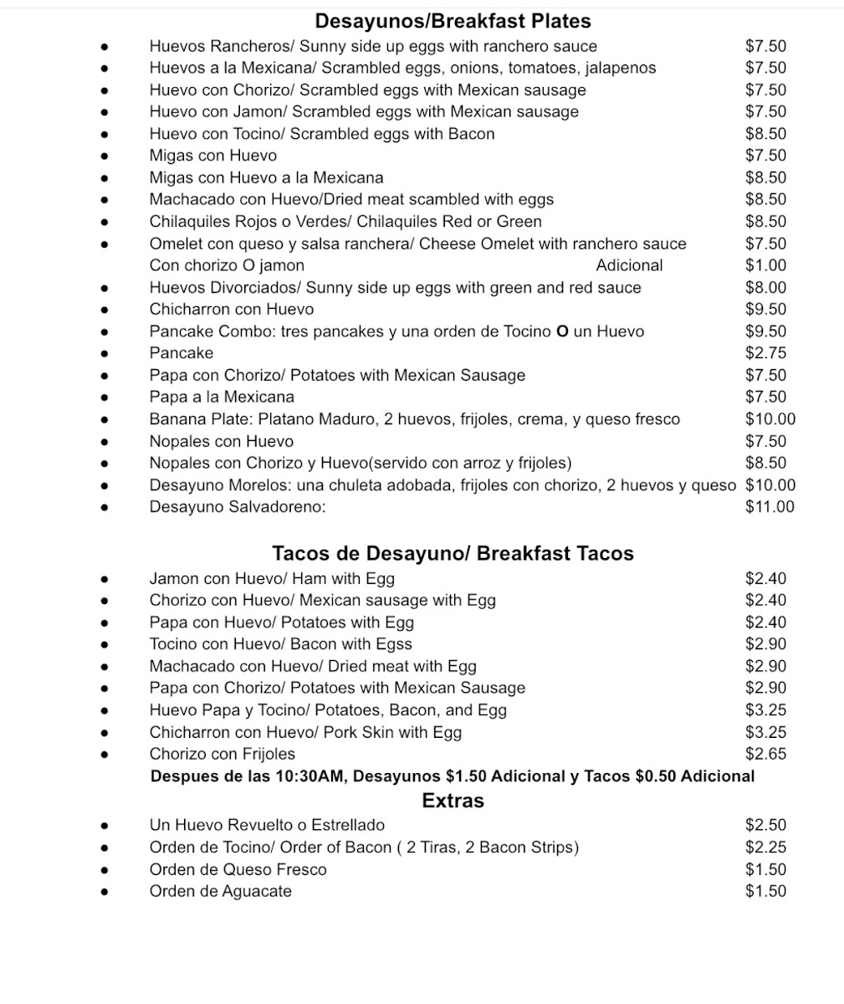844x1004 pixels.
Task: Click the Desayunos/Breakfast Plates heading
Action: pyautogui.click(x=453, y=21)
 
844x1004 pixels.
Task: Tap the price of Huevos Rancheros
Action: pyautogui.click(x=765, y=47)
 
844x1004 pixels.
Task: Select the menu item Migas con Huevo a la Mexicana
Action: pyautogui.click(x=266, y=177)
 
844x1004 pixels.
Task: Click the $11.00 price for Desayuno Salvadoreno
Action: pyautogui.click(x=770, y=507)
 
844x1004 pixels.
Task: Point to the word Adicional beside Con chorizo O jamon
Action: pyautogui.click(x=629, y=266)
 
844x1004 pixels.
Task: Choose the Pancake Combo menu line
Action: pyautogui.click(x=396, y=331)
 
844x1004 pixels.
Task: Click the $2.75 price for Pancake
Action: pyautogui.click(x=765, y=353)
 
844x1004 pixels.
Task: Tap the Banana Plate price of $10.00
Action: pyautogui.click(x=770, y=419)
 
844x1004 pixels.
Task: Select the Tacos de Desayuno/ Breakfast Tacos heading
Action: pyautogui.click(x=453, y=553)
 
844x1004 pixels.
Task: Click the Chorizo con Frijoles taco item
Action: pyautogui.click(x=222, y=754)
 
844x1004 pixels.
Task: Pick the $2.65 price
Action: pyautogui.click(x=765, y=754)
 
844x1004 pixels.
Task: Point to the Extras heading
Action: pyautogui.click(x=453, y=801)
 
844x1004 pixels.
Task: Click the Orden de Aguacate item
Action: pyautogui.click(x=220, y=892)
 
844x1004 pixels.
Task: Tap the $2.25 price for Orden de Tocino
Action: pyautogui.click(x=765, y=848)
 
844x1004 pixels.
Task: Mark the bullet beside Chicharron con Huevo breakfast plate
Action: pyautogui.click(x=105, y=310)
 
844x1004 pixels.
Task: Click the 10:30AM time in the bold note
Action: pyautogui.click(x=309, y=776)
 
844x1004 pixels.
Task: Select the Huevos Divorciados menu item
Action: pyautogui.click(x=395, y=288)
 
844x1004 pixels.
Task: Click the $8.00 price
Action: pyautogui.click(x=765, y=288)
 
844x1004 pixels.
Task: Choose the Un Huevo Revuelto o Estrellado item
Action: pyautogui.click(x=267, y=826)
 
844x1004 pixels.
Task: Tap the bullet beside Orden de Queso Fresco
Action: pyautogui.click(x=105, y=870)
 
